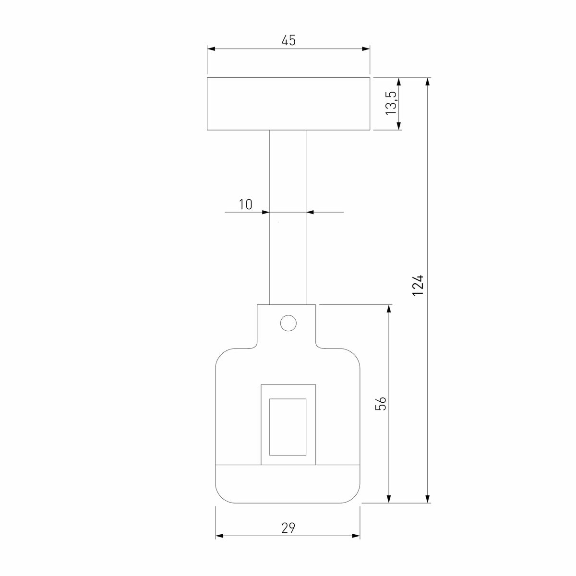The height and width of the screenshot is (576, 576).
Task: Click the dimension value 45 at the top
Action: point(288,41)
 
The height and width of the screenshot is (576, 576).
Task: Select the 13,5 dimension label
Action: point(391,103)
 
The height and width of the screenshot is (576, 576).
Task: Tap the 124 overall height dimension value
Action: point(418,284)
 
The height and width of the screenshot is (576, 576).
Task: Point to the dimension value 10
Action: point(245,204)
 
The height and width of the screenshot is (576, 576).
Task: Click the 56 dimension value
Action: point(380,403)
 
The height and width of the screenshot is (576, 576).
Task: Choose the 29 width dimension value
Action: point(288,528)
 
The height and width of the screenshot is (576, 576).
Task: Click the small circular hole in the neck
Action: point(288,323)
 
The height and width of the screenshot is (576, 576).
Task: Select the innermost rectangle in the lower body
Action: point(288,427)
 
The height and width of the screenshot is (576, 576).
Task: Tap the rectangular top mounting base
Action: point(288,104)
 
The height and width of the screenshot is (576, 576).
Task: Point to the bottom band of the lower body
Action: point(288,484)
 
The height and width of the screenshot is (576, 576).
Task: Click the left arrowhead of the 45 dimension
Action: point(211,48)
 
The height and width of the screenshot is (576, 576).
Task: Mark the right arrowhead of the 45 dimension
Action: point(366,48)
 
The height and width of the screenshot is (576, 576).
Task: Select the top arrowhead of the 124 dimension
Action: point(428,82)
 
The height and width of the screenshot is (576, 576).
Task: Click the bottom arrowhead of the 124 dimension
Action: point(428,499)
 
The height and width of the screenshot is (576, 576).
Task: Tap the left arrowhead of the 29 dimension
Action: point(219,536)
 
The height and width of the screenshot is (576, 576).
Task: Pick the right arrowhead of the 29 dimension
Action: point(356,536)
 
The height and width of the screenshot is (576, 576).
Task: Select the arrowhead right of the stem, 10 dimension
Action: point(311,212)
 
